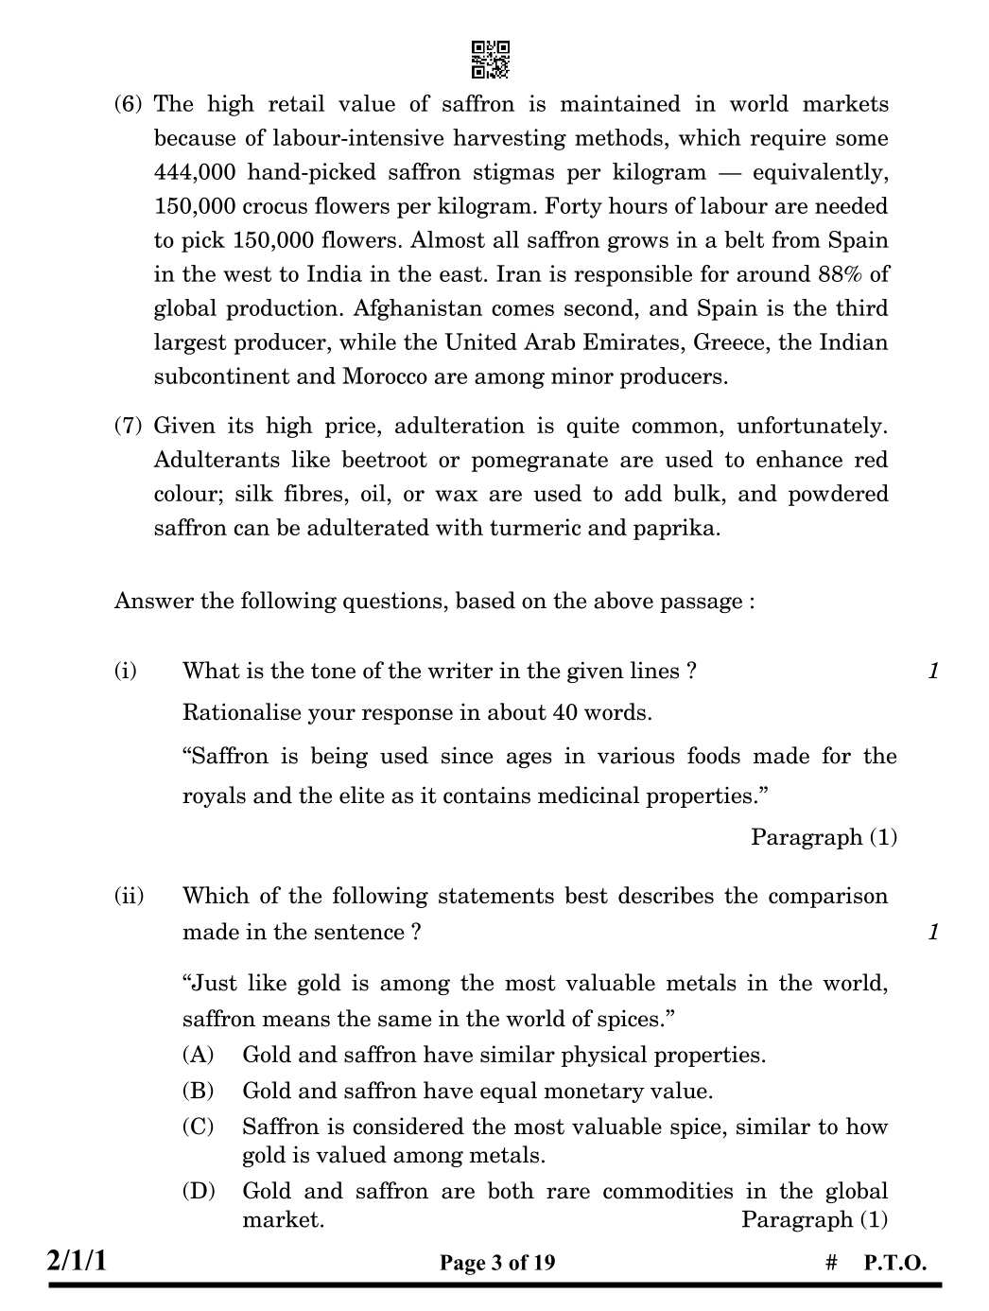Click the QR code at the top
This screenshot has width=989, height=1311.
[491, 59]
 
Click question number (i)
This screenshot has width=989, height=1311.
[126, 671]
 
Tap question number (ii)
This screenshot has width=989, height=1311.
[129, 896]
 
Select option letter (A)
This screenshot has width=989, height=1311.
[198, 1055]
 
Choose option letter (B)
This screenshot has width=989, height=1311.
[198, 1091]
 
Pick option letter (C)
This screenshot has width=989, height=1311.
[198, 1127]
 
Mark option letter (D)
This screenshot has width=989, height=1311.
[198, 1191]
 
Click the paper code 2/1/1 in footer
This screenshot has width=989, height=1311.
[78, 1261]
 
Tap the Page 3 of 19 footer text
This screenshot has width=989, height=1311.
[497, 1263]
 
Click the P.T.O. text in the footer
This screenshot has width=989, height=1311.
[894, 1263]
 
